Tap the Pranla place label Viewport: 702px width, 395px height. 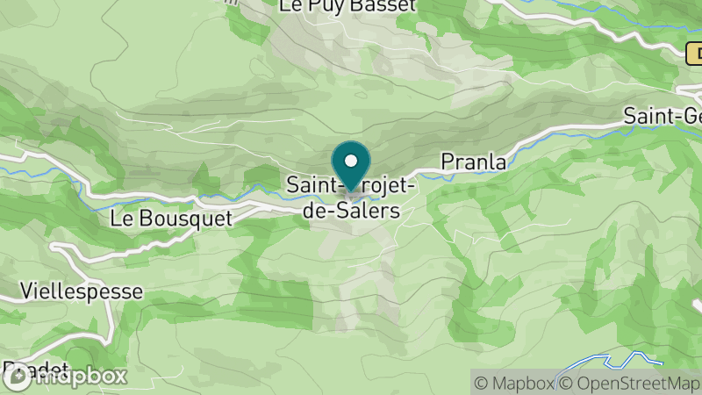[473, 162]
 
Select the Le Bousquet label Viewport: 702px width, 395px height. [171, 218]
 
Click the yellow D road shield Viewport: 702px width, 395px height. [694, 54]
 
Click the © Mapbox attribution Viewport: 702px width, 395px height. [514, 383]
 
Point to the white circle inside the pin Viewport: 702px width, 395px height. [351, 161]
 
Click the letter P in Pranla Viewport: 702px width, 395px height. [447, 162]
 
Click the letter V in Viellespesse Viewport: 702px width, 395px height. [26, 289]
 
